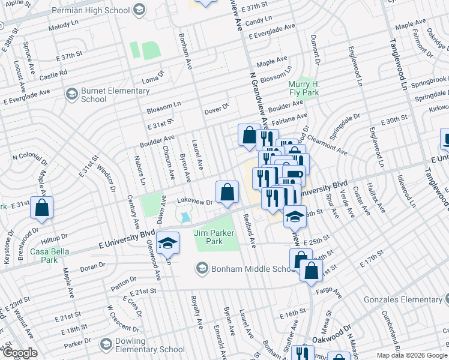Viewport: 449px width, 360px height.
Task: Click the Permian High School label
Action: pyautogui.click(x=90, y=10)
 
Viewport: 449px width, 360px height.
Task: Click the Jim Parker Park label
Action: pyautogui.click(x=208, y=237)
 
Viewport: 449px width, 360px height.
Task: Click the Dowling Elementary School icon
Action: pyautogui.click(x=107, y=345)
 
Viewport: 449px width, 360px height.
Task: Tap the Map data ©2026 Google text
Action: pyautogui.click(x=411, y=355)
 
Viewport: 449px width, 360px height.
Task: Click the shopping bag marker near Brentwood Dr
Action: pyautogui.click(x=42, y=208)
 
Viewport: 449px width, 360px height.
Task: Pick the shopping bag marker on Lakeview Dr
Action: pyautogui.click(x=227, y=193)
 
